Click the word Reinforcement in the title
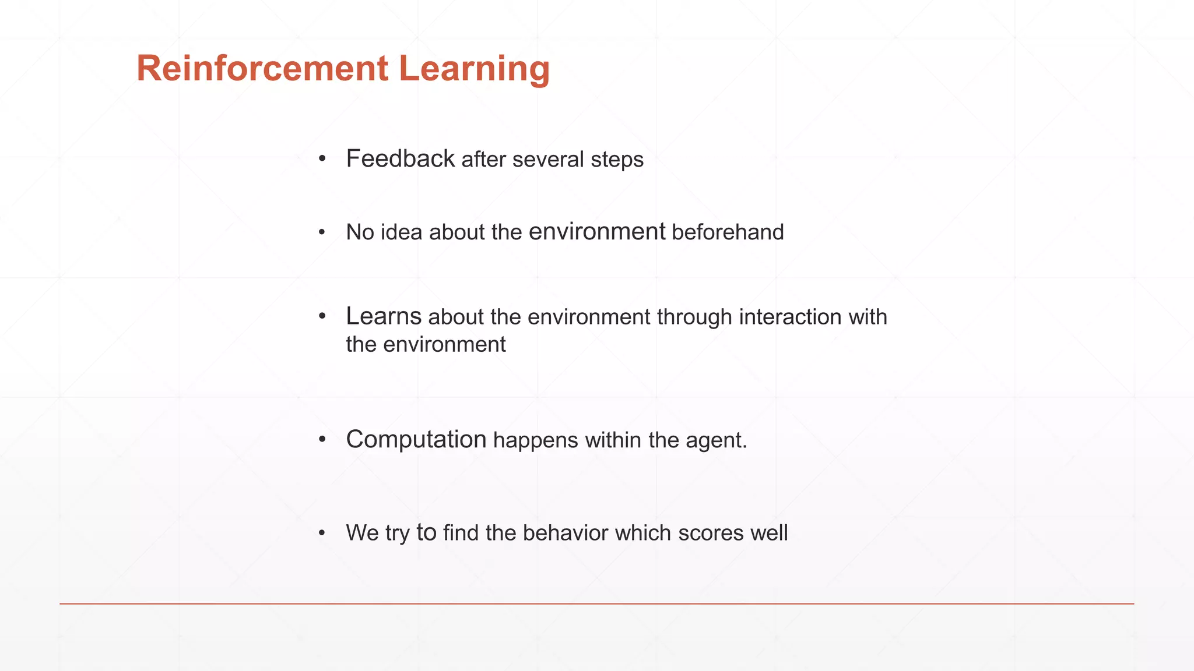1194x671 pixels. coord(262,68)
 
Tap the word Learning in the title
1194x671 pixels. coord(474,69)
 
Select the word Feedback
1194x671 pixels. coord(400,158)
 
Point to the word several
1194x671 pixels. coord(548,160)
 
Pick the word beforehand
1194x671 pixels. coord(728,232)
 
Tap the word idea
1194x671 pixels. coord(402,232)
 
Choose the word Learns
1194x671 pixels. coord(383,316)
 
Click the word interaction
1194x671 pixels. coord(790,317)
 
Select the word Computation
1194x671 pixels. coord(416,440)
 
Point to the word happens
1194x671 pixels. coord(536,440)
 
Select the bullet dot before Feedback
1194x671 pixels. coord(322,158)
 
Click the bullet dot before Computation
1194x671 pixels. coord(322,440)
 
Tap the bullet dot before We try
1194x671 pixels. coord(322,533)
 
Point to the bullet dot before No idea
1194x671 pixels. coord(322,232)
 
